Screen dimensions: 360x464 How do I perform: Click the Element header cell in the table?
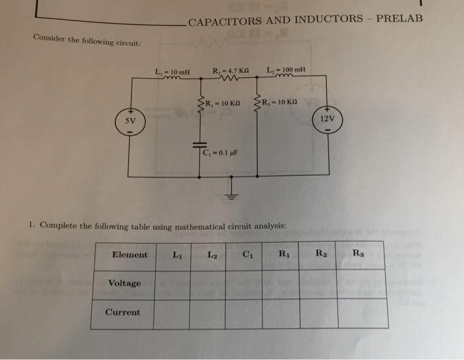(130, 255)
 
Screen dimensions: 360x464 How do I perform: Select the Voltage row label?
(124, 284)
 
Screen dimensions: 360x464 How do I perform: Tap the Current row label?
(123, 312)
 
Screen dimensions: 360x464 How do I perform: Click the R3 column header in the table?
(358, 253)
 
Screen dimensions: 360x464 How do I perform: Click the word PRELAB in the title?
(398, 18)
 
